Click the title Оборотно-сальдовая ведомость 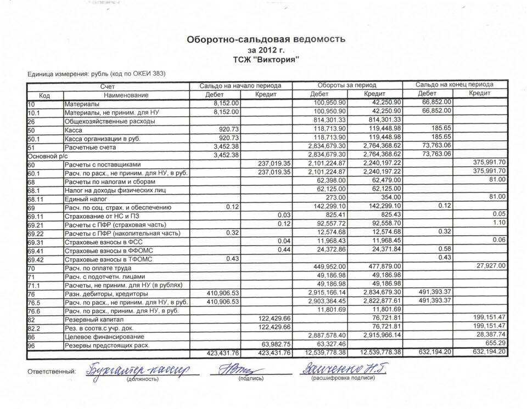pyautogui.click(x=266, y=39)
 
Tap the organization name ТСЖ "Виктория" pyautogui.click(x=266, y=59)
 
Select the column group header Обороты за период pyautogui.click(x=346, y=86)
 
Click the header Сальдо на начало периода pyautogui.click(x=241, y=86)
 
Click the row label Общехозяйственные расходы pyautogui.click(x=109, y=121)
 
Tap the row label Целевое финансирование pyautogui.click(x=101, y=336)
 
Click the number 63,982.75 pyautogui.click(x=272, y=344)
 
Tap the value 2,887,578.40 pyautogui.click(x=326, y=336)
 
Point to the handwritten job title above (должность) pyautogui.click(x=137, y=370)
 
